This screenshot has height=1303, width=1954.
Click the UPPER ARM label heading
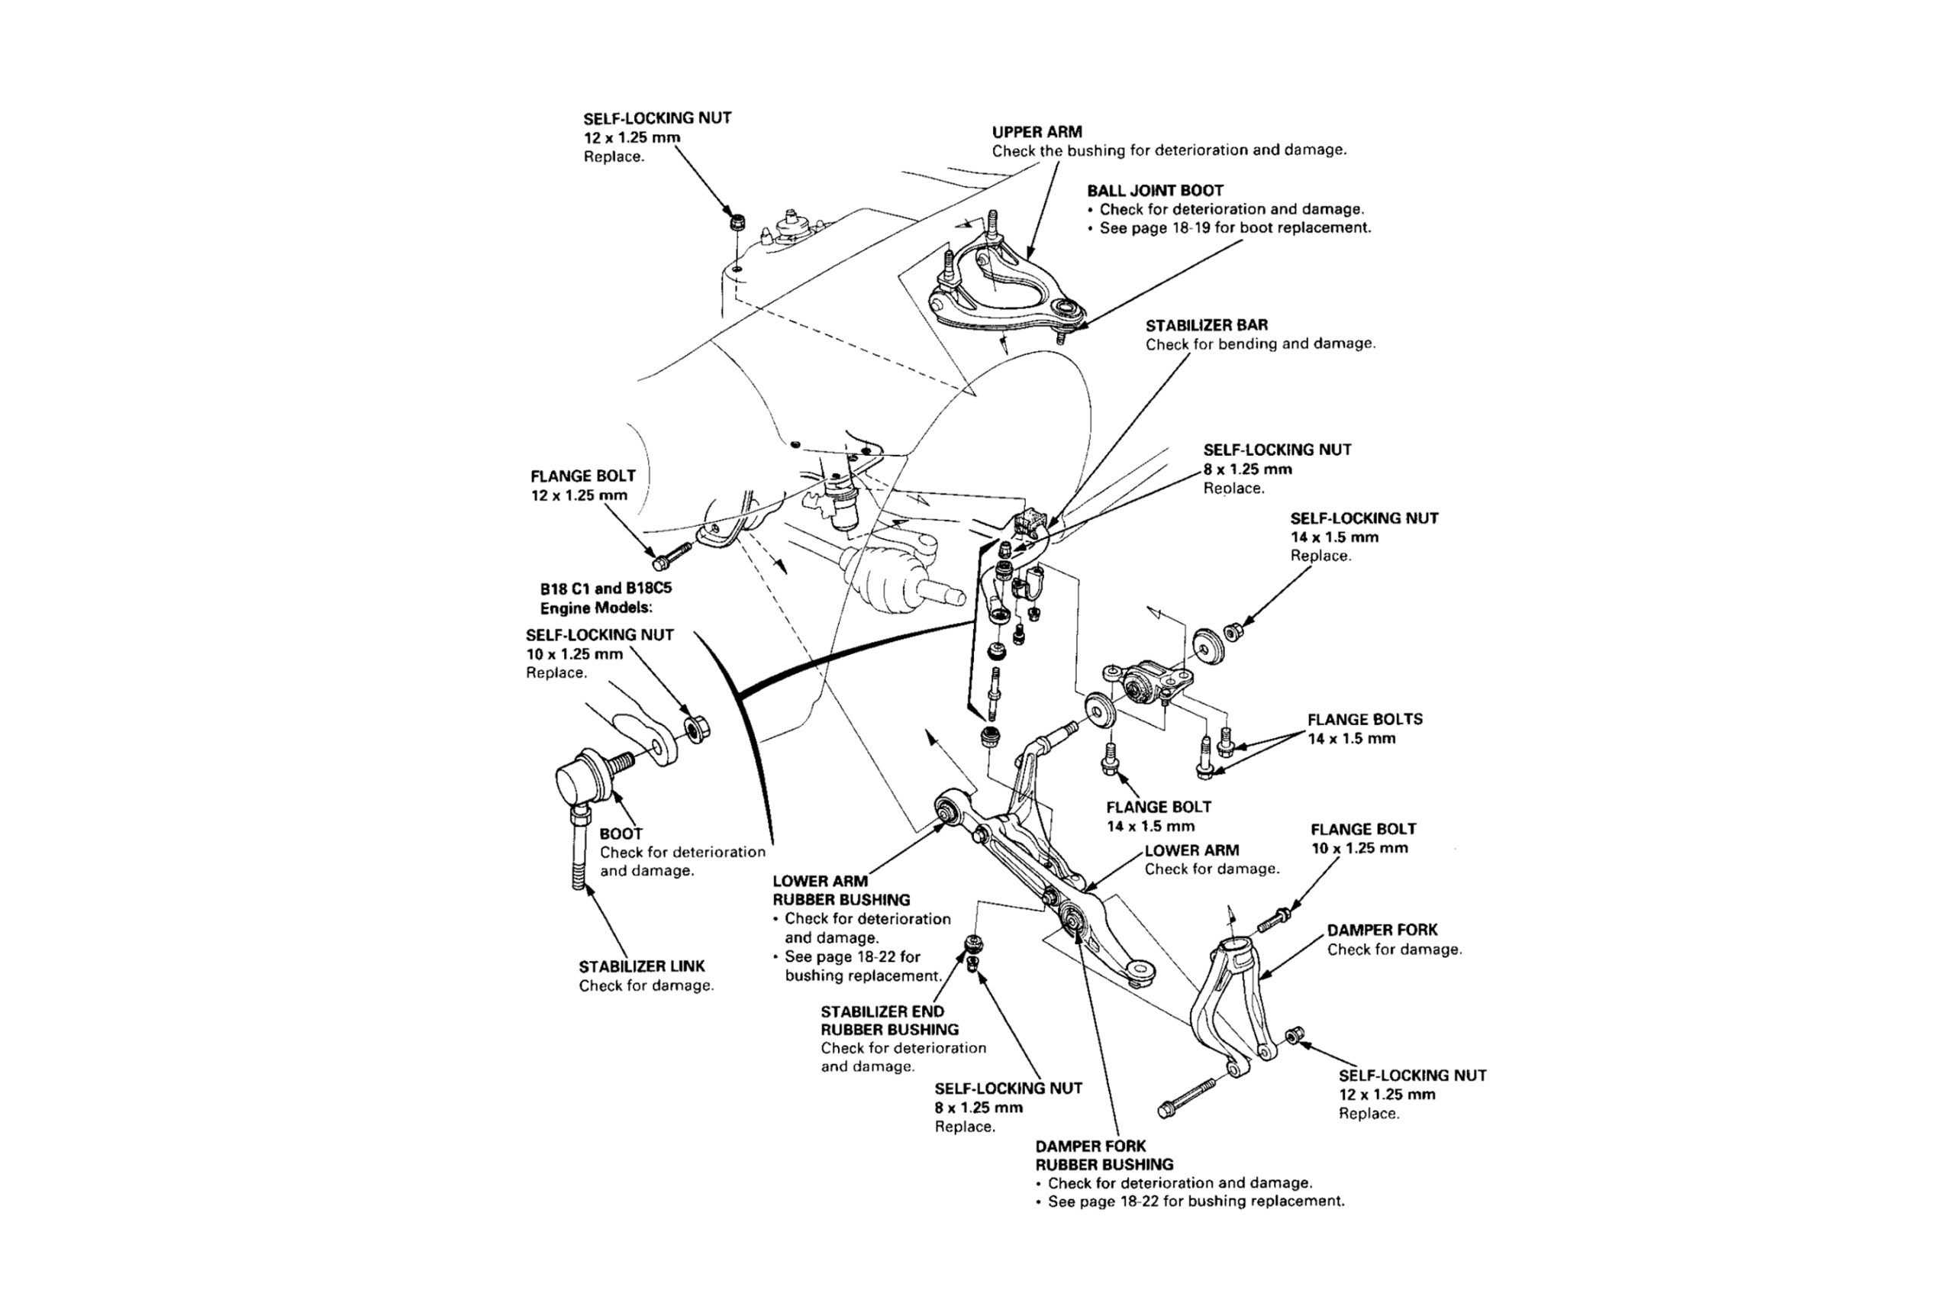tap(1037, 132)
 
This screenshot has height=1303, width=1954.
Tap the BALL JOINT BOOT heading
tap(1155, 190)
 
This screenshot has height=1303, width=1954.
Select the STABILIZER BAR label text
tap(1206, 325)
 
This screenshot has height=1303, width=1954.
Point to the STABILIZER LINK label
tap(641, 966)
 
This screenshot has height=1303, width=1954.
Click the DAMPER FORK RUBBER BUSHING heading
tap(1104, 1155)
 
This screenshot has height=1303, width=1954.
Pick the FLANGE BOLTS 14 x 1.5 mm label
tap(1364, 729)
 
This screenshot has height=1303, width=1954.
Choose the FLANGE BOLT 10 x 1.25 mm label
tap(1362, 838)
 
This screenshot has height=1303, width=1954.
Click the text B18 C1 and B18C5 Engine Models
tap(605, 598)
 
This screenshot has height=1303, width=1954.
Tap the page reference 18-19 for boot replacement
tap(1234, 227)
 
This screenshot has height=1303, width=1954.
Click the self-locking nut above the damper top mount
tap(735, 223)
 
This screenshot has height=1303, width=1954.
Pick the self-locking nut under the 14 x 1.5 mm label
tap(1233, 631)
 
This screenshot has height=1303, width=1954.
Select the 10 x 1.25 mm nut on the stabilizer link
tap(695, 729)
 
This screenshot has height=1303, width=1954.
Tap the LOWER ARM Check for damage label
tap(1211, 860)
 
